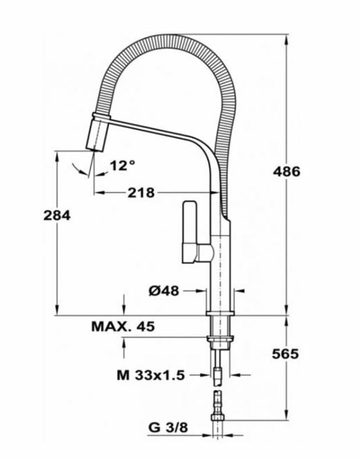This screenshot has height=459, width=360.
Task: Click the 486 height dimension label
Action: pos(287,172)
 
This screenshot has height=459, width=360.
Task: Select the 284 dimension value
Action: pos(57,215)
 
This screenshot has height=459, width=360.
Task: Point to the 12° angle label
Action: pos(122,165)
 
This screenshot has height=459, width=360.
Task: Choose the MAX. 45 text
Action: pos(123,326)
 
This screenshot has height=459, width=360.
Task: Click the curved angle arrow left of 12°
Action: pos(79,170)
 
